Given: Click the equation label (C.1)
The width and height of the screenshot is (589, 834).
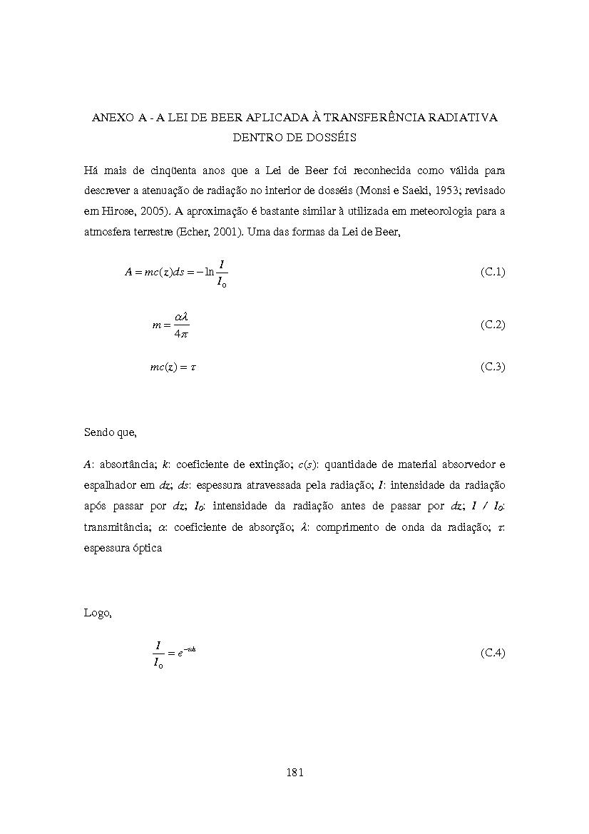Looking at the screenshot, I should point(493,272).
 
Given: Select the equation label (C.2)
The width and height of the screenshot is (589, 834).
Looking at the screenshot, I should point(493,325).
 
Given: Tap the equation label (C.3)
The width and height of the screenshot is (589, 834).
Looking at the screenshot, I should point(493,367).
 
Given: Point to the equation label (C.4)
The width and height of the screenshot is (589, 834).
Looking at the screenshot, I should point(493,653).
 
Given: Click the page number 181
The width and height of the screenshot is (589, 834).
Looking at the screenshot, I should point(294,772).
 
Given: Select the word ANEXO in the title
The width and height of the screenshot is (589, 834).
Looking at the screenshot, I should point(112,118).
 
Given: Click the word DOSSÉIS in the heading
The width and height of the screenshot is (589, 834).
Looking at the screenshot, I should point(330,138).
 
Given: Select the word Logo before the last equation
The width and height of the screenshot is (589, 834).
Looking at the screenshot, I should point(98,613).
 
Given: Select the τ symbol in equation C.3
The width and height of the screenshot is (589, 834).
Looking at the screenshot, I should point(193,367).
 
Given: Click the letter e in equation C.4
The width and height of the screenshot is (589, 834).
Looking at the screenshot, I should point(181,653).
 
